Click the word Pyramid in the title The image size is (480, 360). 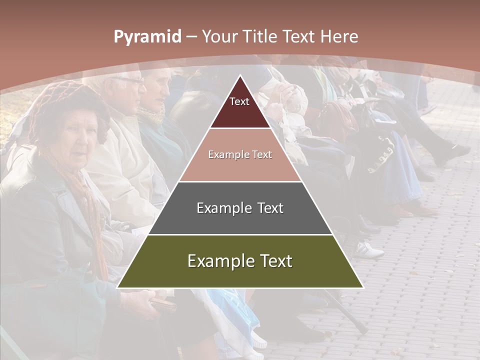[147, 37]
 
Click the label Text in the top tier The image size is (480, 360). [239, 101]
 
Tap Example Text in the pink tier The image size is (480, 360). [240, 154]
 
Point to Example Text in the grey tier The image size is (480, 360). [240, 208]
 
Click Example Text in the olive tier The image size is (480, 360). [240, 261]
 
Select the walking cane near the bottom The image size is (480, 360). [345, 310]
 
